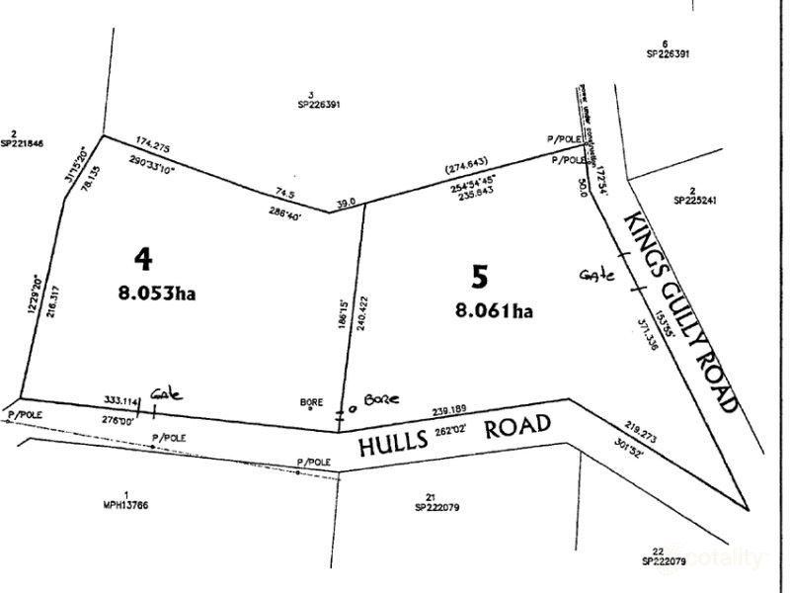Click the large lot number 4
144,259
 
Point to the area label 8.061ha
494,310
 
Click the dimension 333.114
119,399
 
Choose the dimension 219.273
634,432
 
